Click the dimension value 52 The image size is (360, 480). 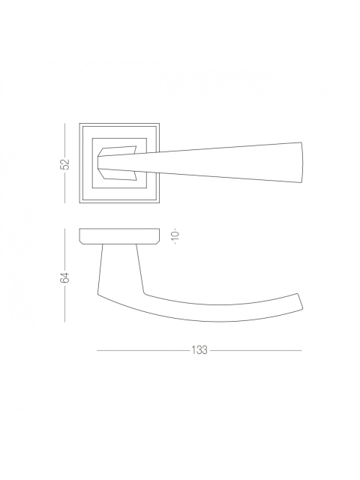[x=65, y=164]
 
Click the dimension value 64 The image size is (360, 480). [x=65, y=277]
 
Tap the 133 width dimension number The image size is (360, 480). [x=199, y=350]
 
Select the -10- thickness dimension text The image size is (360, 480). [x=175, y=236]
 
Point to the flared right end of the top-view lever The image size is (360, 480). [x=301, y=162]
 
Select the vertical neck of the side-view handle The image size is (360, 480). [x=120, y=269]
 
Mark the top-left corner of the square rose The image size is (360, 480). [x=79, y=123]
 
